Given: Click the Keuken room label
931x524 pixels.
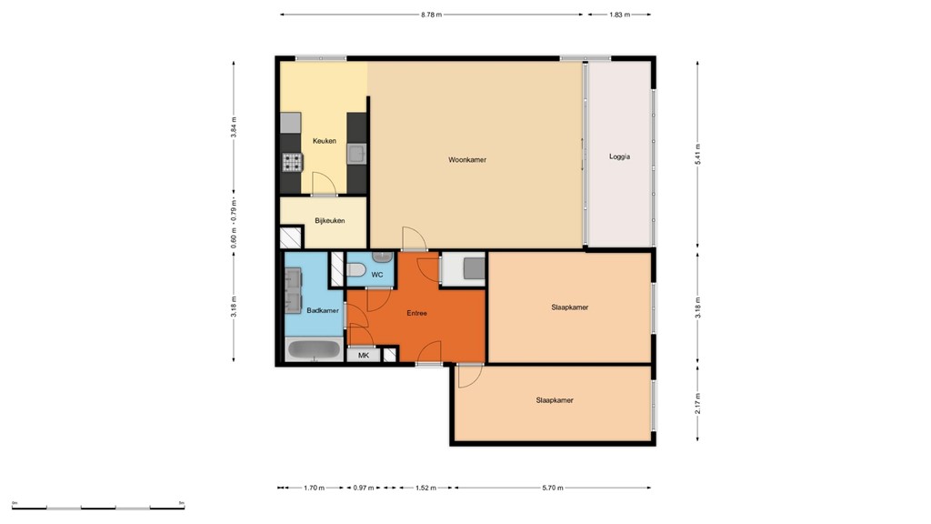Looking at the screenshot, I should click(325, 141).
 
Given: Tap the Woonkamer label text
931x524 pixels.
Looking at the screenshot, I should click(467, 160).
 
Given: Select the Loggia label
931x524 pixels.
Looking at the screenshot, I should click(619, 156).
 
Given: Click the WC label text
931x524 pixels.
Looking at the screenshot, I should click(377, 274).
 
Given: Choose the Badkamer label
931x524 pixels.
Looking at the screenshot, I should click(323, 310).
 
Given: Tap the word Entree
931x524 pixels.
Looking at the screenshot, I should click(416, 313).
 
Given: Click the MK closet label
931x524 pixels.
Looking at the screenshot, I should click(364, 355).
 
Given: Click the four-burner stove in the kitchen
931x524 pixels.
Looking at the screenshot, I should click(292, 163).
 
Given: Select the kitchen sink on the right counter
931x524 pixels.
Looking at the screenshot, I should click(357, 153).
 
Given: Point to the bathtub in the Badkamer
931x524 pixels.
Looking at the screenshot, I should click(314, 350).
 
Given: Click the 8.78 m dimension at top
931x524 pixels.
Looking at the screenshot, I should click(432, 15).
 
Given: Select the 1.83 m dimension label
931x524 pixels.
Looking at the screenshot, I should click(619, 15).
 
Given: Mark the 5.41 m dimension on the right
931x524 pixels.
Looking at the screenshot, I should click(697, 152).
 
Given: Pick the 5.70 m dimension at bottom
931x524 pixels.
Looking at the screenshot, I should click(553, 489).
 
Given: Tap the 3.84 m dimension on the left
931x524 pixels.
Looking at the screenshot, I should click(234, 127).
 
